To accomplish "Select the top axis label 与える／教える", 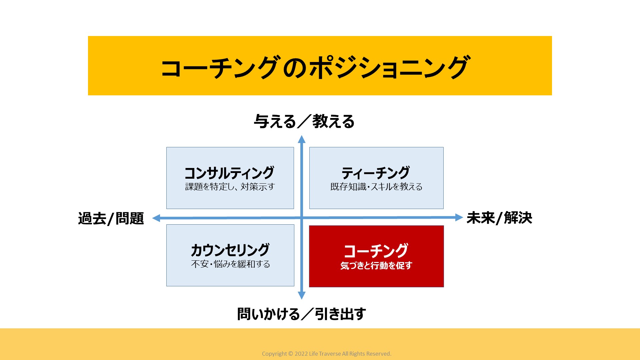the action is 304,121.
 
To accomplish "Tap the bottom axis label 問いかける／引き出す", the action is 302,314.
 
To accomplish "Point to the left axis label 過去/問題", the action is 111,218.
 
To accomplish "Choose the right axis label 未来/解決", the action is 499,218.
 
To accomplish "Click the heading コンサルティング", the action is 229,173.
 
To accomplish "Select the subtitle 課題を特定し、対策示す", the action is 230,187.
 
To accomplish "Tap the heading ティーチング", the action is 376,173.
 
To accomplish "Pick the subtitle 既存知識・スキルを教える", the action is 376,187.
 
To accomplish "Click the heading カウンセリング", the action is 230,250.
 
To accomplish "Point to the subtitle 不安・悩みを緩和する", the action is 230,264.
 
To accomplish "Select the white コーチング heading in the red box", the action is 376,251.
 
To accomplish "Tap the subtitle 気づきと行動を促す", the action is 376,266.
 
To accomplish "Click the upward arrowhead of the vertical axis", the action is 302,139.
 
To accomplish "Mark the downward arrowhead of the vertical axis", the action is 302,295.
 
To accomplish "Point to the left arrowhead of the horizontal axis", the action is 156,218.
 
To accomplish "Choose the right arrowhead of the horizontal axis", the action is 459,217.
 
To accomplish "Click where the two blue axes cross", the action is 302,218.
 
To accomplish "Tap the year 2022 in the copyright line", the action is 301,354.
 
